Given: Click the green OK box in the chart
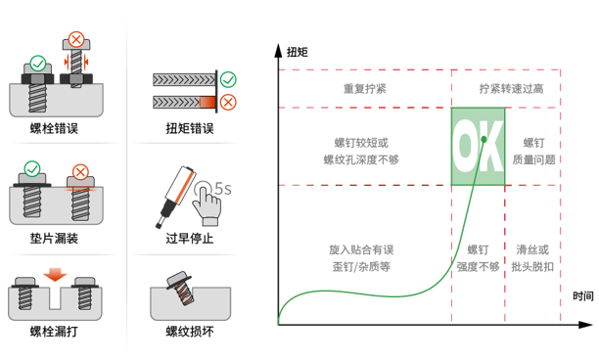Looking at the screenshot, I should pos(478,146).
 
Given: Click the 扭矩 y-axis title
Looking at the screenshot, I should pos(298,51).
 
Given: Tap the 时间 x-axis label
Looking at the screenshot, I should pos(583,295).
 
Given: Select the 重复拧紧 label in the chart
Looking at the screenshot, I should pos(365,88).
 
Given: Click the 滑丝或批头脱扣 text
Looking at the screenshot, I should pos(533,257).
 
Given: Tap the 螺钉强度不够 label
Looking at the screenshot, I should pos(478,257).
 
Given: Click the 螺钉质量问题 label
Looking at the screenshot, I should pos(533,150).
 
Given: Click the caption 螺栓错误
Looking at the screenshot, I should pos(55,128).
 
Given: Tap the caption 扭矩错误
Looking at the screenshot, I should pos(190,128).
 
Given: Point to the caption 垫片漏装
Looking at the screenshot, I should pos(55,238).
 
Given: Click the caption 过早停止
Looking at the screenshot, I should pos(190,238).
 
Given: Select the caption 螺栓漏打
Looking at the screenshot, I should pos(55,332).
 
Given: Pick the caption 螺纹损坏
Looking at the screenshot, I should pos(190,332).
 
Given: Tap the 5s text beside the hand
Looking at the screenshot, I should pos(221,186).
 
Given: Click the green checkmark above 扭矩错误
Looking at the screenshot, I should pos(228,77).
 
